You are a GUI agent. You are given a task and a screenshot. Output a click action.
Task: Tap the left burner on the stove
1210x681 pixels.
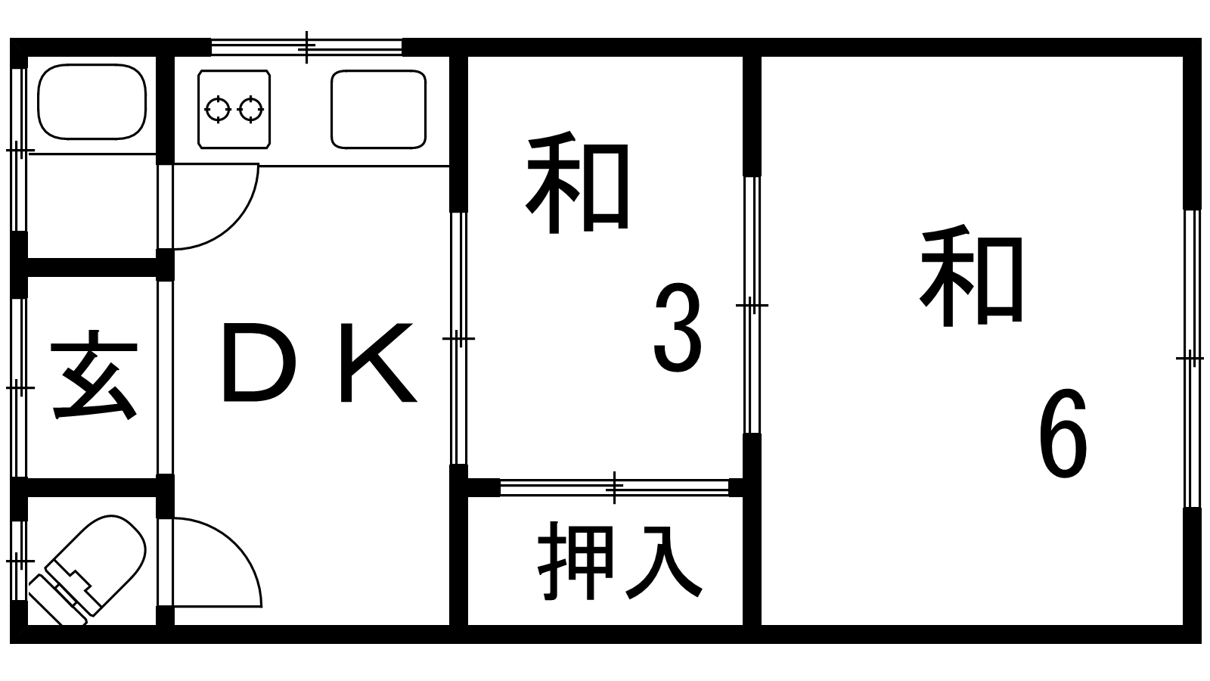[x=218, y=109]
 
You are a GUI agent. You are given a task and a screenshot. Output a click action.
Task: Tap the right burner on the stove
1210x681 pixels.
[x=250, y=109]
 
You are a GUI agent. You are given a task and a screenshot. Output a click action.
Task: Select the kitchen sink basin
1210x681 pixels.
[x=378, y=109]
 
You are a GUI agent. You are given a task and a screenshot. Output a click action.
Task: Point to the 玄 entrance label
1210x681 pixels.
[x=94, y=376]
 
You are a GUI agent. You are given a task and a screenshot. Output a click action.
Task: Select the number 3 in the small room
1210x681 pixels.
[x=678, y=328]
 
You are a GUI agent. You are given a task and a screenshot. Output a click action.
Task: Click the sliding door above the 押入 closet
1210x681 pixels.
[x=614, y=487]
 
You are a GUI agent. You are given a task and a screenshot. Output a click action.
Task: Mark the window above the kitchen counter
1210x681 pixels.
[x=306, y=48]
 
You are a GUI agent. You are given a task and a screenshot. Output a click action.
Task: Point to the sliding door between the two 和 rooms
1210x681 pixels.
[x=752, y=305]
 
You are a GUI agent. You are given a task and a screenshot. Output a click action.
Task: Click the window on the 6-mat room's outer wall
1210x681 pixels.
[x=1191, y=358]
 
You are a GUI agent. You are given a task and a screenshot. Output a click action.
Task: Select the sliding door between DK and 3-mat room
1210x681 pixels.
[x=458, y=338]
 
